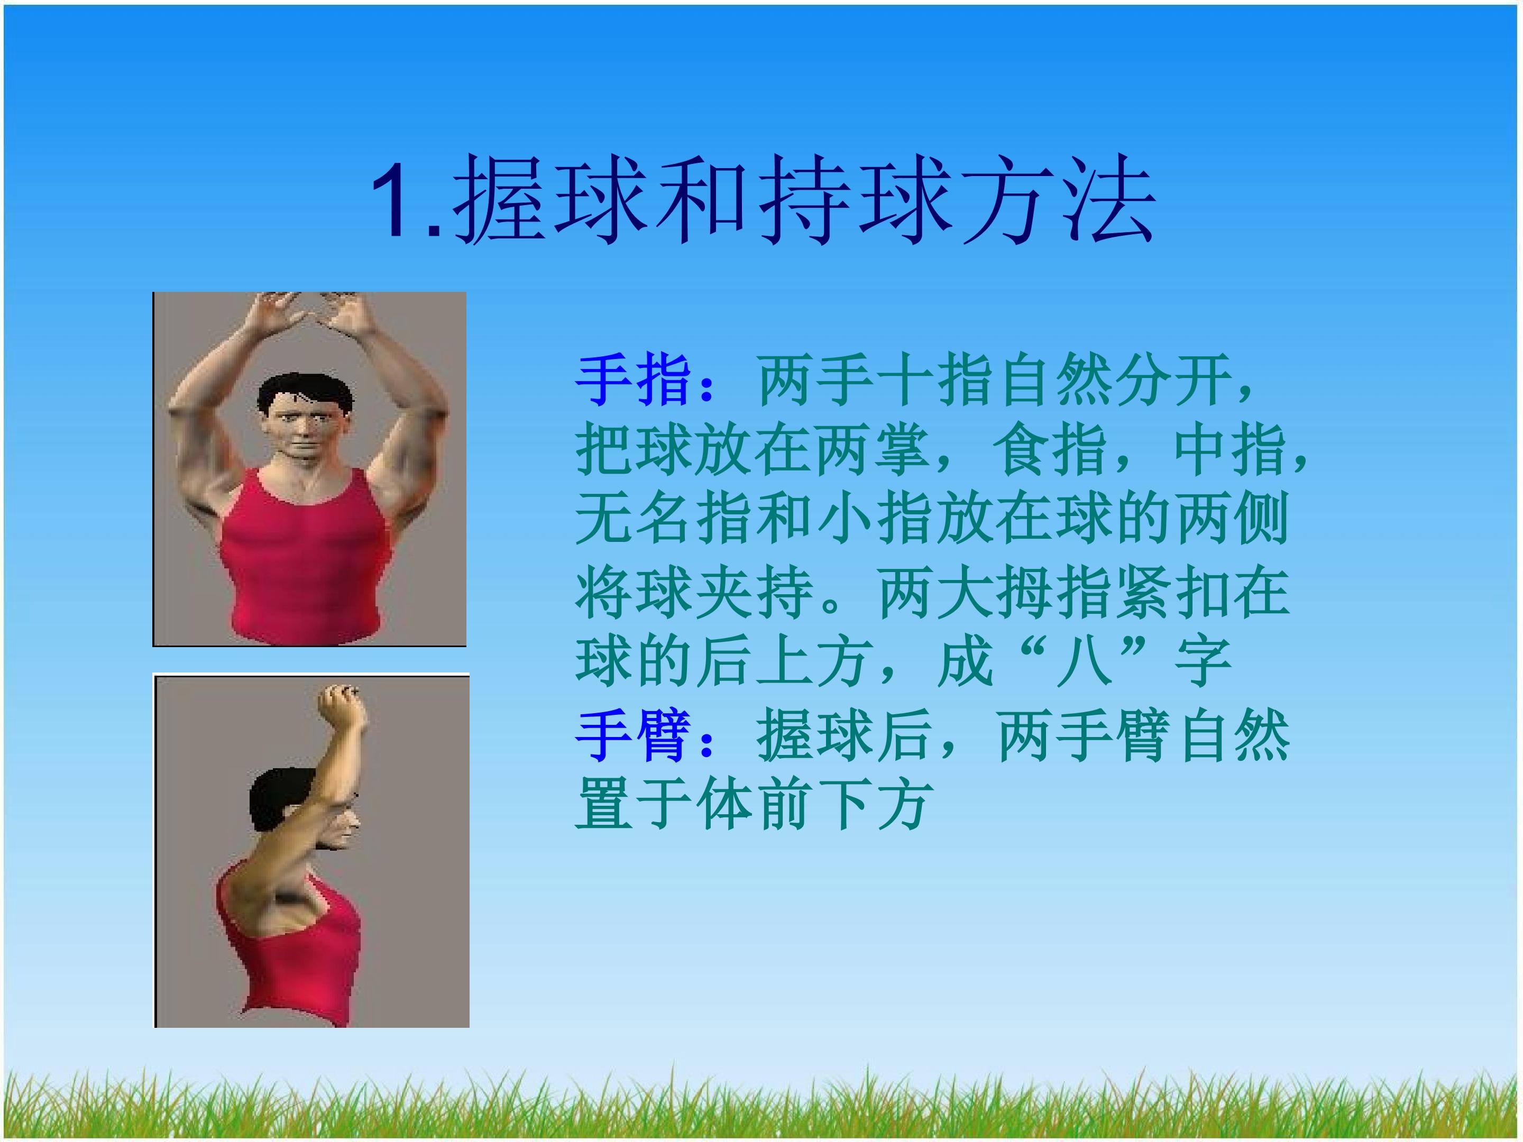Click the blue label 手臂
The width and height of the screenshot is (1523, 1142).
(634, 736)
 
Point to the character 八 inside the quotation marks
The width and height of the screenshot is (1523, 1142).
(1085, 663)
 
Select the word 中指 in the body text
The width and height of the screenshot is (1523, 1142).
(1230, 450)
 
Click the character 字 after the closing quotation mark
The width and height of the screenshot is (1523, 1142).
(1202, 663)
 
